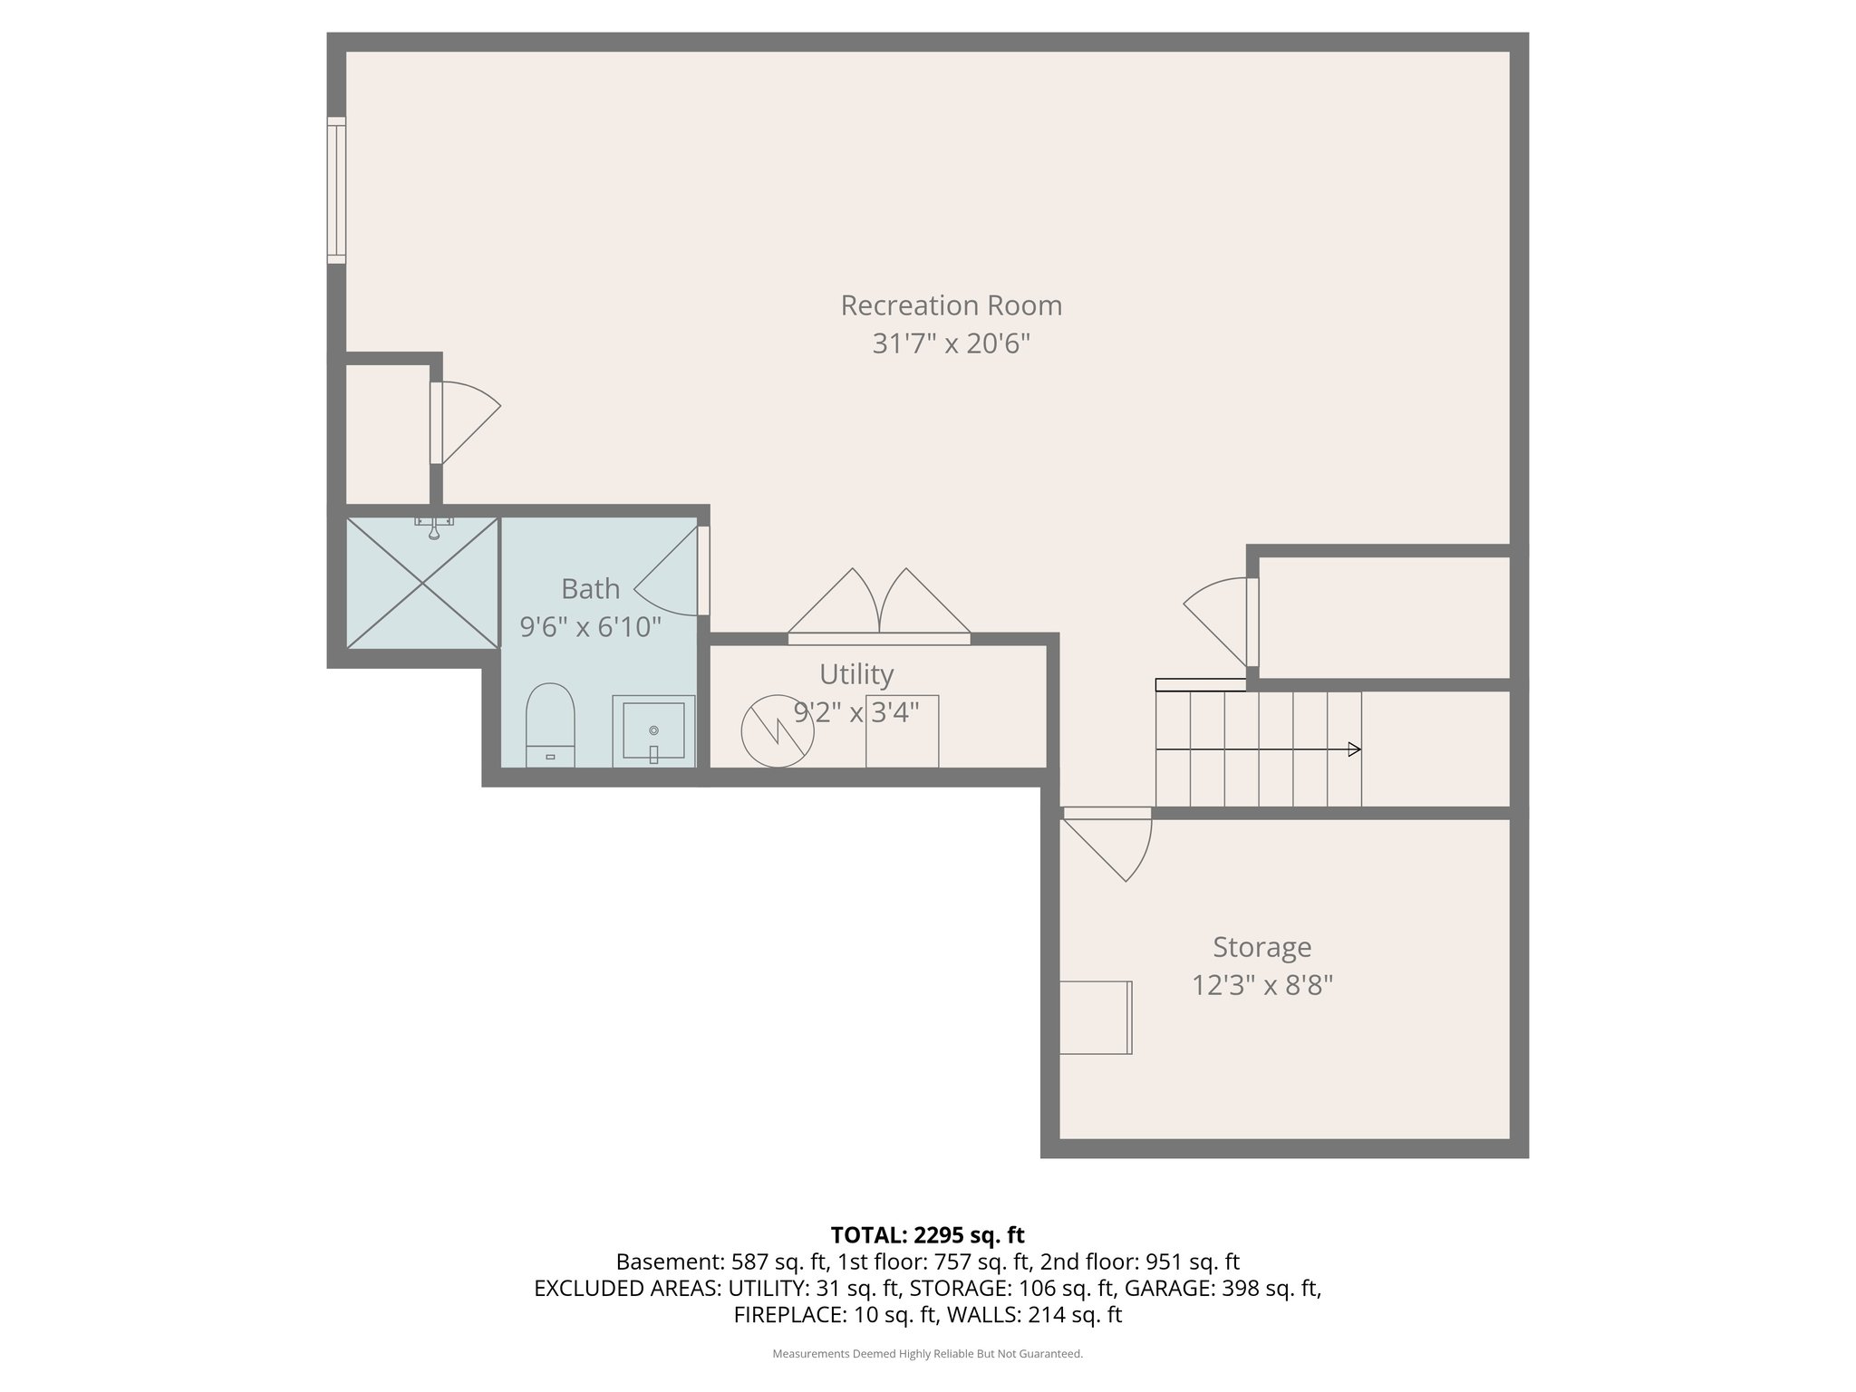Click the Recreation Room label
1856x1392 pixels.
coord(951,305)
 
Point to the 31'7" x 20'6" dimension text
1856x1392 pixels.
coord(951,344)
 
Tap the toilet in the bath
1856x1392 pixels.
coord(550,725)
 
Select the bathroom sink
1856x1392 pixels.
coord(653,730)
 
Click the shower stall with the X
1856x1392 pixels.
coord(422,583)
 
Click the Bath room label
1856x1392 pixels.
coord(590,589)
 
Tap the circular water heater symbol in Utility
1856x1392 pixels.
coord(777,730)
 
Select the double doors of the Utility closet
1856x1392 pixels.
coord(878,604)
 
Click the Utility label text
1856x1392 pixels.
coord(855,674)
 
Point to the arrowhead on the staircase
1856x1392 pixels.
coord(1354,749)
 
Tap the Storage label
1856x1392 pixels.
coord(1261,947)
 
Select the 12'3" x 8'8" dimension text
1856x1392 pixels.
coord(1261,985)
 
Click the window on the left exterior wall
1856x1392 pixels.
coord(336,190)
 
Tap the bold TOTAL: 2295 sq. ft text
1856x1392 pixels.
coord(927,1234)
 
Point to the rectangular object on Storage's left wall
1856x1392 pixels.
coord(1096,1018)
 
